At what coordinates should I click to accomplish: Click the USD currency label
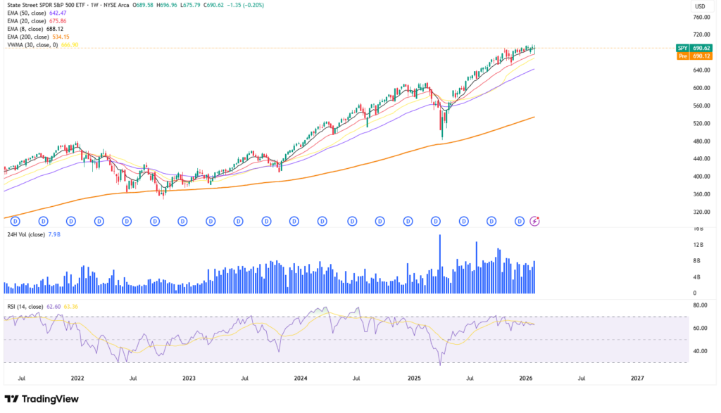(x=700, y=6)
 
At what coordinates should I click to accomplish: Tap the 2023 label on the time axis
(x=189, y=378)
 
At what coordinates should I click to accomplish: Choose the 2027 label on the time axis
(x=637, y=378)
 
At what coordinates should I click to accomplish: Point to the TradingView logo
(x=43, y=400)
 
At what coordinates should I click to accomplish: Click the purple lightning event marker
(x=534, y=221)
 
